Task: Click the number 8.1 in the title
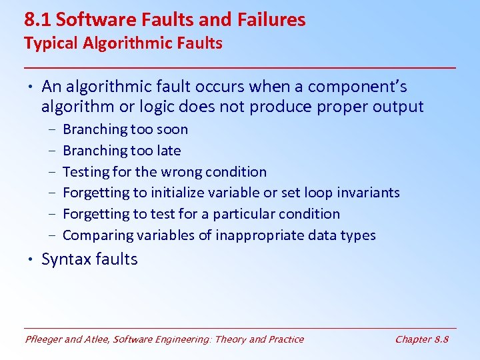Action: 38,20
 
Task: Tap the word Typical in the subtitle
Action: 49,43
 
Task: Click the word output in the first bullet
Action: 398,107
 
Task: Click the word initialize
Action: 179,193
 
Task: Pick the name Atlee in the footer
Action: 97,339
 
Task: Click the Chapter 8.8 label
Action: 421,339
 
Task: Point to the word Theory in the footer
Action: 229,339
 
